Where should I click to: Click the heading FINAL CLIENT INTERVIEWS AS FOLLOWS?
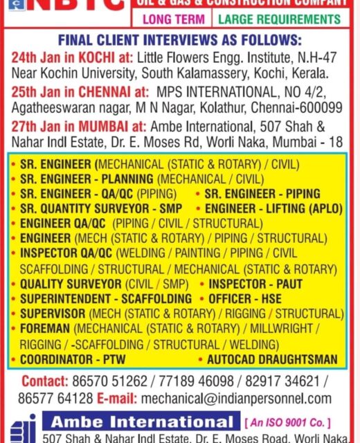point(180,39)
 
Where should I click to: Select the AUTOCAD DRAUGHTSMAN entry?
point(272,359)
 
